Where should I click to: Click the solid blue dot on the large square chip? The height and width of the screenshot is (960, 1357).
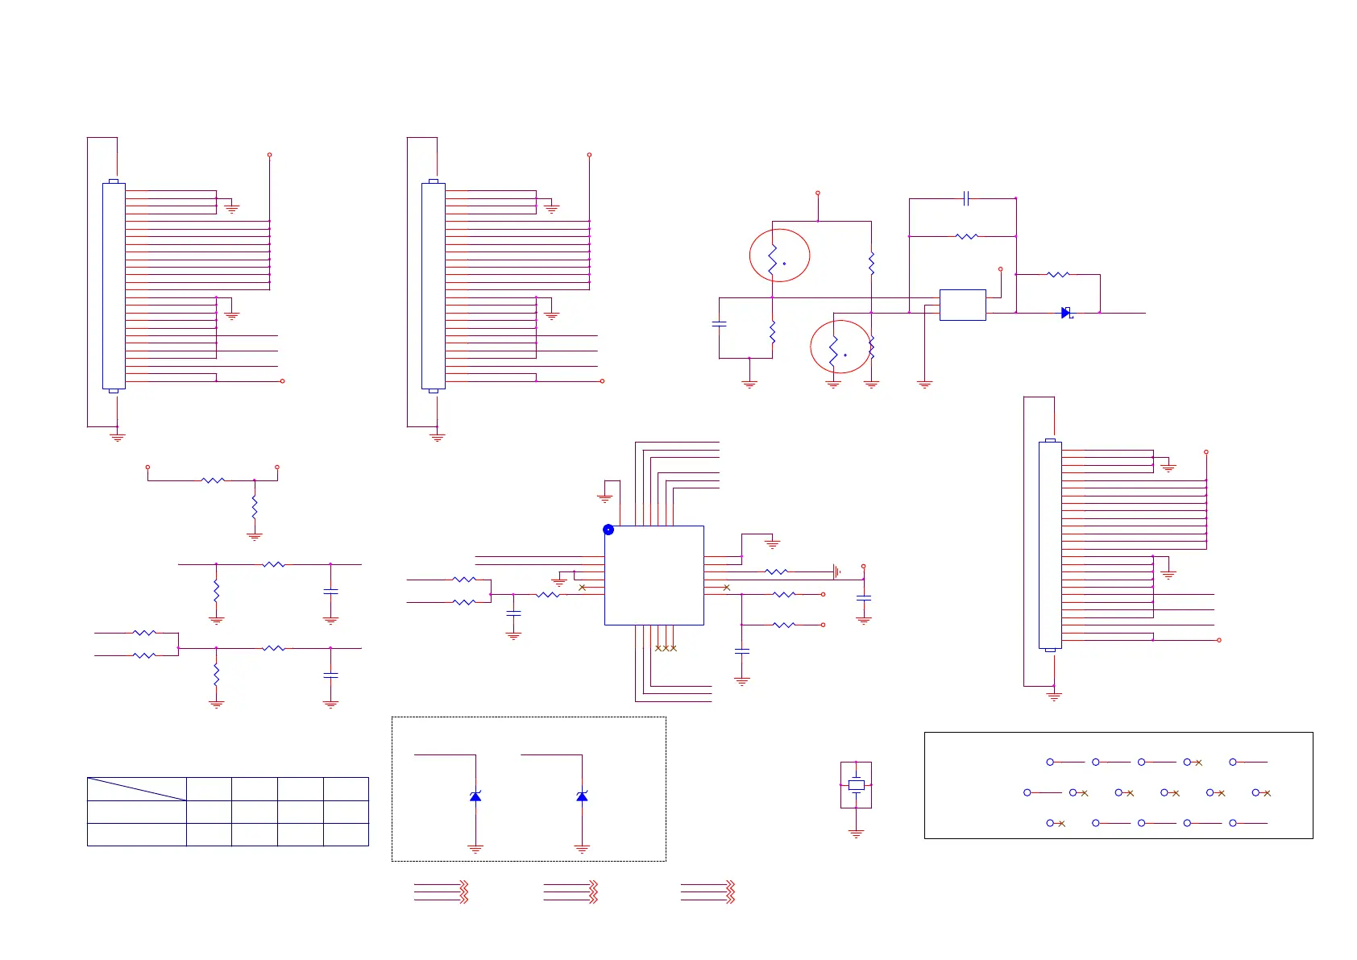pos(608,530)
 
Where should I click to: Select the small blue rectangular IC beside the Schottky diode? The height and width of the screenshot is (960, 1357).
pos(962,305)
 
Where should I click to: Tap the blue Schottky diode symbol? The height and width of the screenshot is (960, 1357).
pos(1066,313)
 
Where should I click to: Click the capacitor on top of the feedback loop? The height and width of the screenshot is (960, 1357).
pos(965,197)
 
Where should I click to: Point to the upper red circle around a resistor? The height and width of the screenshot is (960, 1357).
pos(779,256)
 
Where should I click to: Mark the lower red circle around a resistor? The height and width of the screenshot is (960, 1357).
pos(840,347)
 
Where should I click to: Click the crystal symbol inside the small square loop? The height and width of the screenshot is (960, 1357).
pos(856,784)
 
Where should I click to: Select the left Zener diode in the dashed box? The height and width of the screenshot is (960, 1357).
pos(475,796)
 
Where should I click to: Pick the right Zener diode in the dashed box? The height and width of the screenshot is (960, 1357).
pos(582,796)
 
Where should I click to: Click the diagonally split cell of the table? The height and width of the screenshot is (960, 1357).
pos(136,789)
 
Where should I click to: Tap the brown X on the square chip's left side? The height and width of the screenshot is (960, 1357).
pos(583,588)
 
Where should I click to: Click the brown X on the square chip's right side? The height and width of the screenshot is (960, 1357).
pos(726,588)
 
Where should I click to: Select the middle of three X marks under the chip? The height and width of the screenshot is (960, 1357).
pos(666,648)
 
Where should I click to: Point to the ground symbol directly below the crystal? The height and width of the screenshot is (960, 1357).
pos(856,833)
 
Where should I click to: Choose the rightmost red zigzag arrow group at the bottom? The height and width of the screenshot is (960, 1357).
pos(730,891)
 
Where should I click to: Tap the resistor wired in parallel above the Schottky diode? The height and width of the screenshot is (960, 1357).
pos(1057,274)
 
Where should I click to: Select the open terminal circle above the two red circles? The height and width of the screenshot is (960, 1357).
pos(817,193)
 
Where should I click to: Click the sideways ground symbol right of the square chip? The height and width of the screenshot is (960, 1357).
pos(836,571)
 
